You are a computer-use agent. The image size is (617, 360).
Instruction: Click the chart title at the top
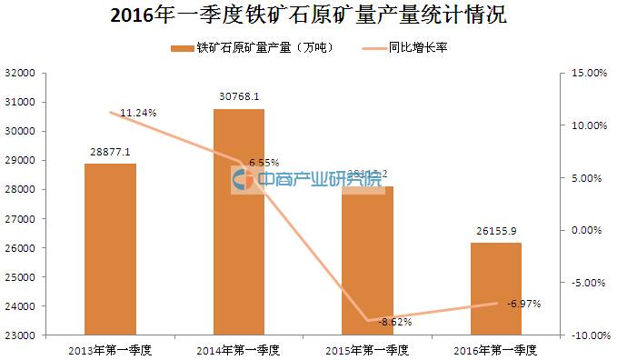pyautogui.click(x=308, y=15)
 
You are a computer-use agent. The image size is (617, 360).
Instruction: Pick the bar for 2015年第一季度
pyautogui.click(x=368, y=264)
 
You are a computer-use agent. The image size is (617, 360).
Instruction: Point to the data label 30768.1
pyautogui.click(x=239, y=96)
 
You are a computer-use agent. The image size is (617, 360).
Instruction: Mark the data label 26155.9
pyautogui.click(x=496, y=232)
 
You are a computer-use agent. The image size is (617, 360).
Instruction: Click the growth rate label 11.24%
pyautogui.click(x=139, y=113)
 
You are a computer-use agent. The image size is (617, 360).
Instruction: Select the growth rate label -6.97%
pyautogui.click(x=523, y=303)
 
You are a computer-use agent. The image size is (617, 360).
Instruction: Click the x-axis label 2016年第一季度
pyautogui.click(x=496, y=349)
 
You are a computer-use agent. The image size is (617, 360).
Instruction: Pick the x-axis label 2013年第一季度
pyautogui.click(x=110, y=349)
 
